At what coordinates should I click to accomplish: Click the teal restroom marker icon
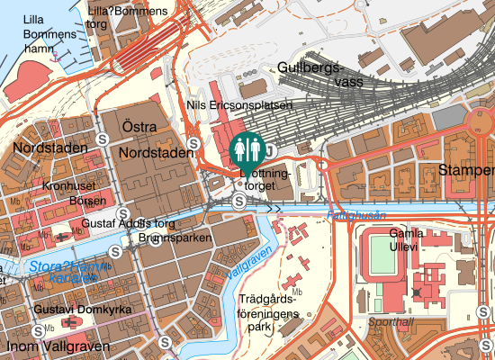(247, 148)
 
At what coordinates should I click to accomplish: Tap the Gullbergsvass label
(310, 75)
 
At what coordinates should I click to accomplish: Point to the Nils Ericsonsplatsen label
(238, 105)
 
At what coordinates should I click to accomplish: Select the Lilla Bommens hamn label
(24, 35)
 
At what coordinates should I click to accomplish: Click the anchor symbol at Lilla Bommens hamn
(57, 56)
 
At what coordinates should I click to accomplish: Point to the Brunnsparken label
(175, 238)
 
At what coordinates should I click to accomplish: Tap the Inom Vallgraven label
(57, 346)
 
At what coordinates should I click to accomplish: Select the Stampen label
(466, 170)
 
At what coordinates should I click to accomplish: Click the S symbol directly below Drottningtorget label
(238, 202)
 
